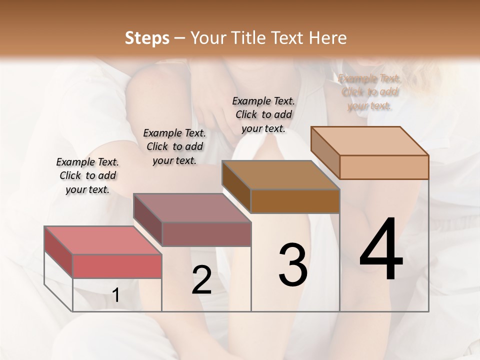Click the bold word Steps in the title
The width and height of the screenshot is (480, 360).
(x=147, y=38)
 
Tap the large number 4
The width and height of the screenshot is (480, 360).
(x=381, y=250)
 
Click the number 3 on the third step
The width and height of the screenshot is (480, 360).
(x=293, y=265)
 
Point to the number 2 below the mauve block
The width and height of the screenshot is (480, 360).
(x=201, y=280)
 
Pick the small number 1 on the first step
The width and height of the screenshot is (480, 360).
(x=116, y=295)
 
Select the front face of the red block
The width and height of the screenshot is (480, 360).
(x=117, y=266)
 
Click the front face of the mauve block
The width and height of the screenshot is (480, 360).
(x=206, y=234)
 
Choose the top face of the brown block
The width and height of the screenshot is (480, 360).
(x=280, y=174)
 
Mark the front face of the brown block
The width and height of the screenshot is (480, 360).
(x=295, y=201)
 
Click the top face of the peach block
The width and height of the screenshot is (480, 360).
(x=369, y=140)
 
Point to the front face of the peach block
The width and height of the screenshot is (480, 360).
(x=384, y=167)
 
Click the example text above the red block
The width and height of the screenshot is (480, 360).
(x=87, y=175)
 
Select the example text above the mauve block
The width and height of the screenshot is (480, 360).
(x=174, y=146)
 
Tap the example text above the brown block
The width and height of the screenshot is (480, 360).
(x=263, y=114)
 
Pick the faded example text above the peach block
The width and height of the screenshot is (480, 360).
(x=369, y=92)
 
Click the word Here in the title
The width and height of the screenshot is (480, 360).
(x=327, y=38)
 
